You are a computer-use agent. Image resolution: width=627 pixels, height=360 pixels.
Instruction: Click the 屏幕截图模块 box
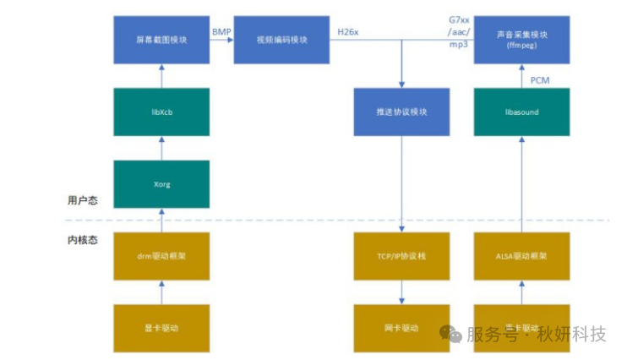click(161, 40)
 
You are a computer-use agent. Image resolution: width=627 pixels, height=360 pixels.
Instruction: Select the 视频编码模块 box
click(281, 40)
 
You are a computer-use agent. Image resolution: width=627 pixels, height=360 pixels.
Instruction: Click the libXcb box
click(161, 112)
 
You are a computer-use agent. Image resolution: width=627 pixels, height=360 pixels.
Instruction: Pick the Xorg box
click(161, 183)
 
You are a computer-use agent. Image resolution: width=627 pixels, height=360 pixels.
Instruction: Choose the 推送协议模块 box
click(401, 112)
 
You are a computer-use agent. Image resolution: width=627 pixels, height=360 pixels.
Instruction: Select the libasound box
click(521, 112)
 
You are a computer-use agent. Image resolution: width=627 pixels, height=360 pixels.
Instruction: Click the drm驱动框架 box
click(161, 256)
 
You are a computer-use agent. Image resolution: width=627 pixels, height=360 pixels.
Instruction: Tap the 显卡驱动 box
click(161, 328)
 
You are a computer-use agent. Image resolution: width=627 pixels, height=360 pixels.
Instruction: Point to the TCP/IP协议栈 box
click(401, 256)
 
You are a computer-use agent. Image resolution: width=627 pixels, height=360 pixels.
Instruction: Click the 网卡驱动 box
click(401, 328)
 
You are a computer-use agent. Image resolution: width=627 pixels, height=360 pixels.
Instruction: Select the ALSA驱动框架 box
click(521, 256)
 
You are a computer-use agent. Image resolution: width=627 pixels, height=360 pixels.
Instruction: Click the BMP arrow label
click(221, 31)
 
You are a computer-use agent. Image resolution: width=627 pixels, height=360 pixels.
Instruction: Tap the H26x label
click(348, 31)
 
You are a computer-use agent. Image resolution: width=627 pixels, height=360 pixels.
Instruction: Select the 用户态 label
click(82, 200)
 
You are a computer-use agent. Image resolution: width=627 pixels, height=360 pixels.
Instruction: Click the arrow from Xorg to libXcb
click(161, 148)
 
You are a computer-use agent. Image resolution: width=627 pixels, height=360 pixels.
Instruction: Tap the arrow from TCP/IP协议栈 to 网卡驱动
click(401, 292)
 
